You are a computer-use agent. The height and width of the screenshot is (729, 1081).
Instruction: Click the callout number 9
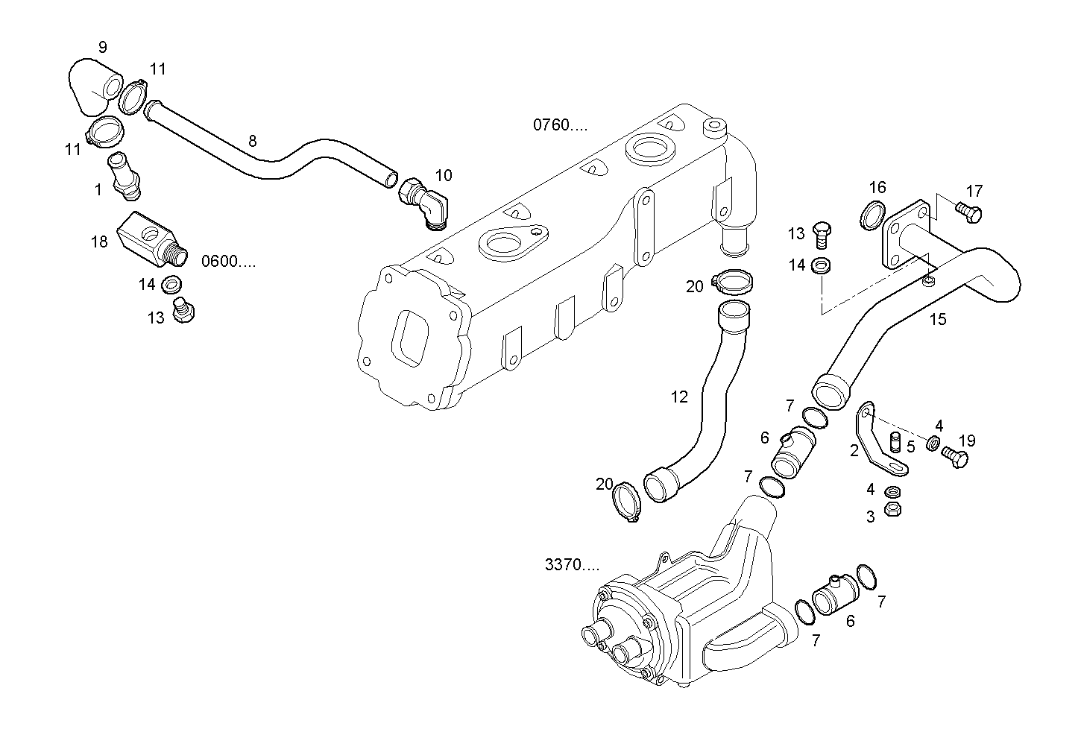[102, 48]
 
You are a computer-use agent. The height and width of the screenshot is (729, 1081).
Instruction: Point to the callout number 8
[252, 140]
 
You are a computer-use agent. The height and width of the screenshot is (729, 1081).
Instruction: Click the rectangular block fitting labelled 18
[149, 238]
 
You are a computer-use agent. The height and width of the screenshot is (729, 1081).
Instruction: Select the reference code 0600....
[228, 262]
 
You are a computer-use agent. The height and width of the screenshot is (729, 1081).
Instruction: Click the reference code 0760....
[560, 124]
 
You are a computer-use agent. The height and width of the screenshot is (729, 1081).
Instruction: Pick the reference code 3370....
[572, 565]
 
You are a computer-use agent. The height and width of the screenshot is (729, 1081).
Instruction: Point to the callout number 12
[679, 397]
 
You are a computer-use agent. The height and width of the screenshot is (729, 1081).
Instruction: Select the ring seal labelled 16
[872, 214]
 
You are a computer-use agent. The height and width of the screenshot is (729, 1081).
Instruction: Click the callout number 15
[938, 319]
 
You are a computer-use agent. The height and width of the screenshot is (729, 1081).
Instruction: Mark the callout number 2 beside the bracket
[854, 450]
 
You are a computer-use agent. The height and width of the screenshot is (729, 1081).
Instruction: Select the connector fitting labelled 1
[123, 176]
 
